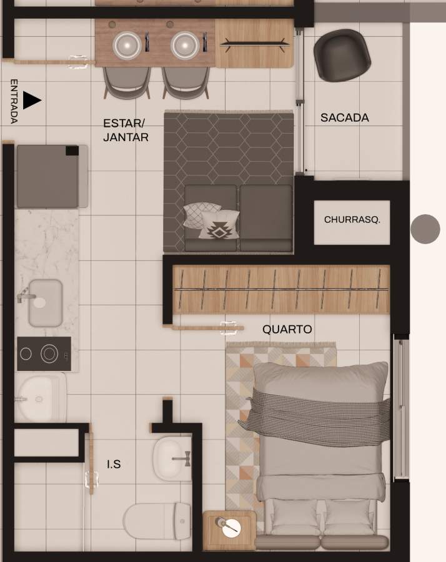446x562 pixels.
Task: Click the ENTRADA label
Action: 14,101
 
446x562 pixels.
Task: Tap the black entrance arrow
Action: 31,100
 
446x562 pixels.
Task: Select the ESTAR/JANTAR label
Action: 126,130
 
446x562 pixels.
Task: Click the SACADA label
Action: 345,117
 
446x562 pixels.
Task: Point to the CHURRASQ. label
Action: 352,219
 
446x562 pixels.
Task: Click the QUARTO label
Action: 287,329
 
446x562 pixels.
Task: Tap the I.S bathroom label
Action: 114,464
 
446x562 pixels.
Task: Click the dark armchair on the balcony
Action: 342,55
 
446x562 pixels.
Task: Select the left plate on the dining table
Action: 127,46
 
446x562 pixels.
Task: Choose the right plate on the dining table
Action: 185,46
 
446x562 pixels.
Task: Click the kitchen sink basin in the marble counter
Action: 45,303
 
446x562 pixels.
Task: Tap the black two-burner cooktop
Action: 44,354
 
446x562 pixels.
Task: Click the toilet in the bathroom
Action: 157,521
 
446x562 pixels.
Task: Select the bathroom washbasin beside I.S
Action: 172,458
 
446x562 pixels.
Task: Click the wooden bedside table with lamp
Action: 229,530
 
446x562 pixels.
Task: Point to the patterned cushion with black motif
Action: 219,225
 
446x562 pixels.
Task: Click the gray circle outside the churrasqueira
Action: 425,229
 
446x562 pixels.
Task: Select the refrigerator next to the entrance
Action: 52,176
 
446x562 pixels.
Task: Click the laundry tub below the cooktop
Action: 41,397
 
